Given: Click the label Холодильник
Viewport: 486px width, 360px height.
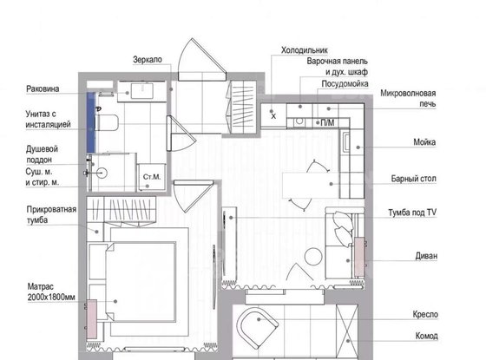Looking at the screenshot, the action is pyautogui.click(x=304, y=50).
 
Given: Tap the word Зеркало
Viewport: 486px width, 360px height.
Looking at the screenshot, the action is pyautogui.click(x=148, y=60).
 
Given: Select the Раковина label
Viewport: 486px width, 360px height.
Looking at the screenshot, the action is pyautogui.click(x=43, y=88).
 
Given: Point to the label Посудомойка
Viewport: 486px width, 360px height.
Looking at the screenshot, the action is pyautogui.click(x=345, y=84).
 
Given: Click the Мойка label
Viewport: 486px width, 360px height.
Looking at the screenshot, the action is pyautogui.click(x=424, y=142).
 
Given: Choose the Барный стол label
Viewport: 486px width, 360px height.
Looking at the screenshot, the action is pyautogui.click(x=413, y=179).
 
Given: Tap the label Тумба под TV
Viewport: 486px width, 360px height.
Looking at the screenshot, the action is pyautogui.click(x=412, y=213).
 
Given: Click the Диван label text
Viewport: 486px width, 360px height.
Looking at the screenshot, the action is pyautogui.click(x=426, y=256).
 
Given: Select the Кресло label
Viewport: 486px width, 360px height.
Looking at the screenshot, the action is pyautogui.click(x=425, y=314).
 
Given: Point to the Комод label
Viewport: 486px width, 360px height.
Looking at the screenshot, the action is pyautogui.click(x=426, y=336).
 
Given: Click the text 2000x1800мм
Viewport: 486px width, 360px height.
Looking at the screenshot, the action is pyautogui.click(x=51, y=298).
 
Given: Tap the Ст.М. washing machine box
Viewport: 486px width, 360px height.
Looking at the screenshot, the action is pyautogui.click(x=152, y=177).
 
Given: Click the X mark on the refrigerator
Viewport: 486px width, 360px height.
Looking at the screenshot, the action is pyautogui.click(x=273, y=116).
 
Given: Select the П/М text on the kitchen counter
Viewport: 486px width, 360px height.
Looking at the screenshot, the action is pyautogui.click(x=327, y=123).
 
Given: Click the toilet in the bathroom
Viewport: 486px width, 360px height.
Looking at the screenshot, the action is pyautogui.click(x=106, y=122).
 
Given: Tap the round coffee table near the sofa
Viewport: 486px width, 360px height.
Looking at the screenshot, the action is pyautogui.click(x=313, y=257).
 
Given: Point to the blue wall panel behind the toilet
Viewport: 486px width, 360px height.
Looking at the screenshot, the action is pyautogui.click(x=90, y=122).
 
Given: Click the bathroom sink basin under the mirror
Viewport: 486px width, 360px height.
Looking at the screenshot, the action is pyautogui.click(x=142, y=91).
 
